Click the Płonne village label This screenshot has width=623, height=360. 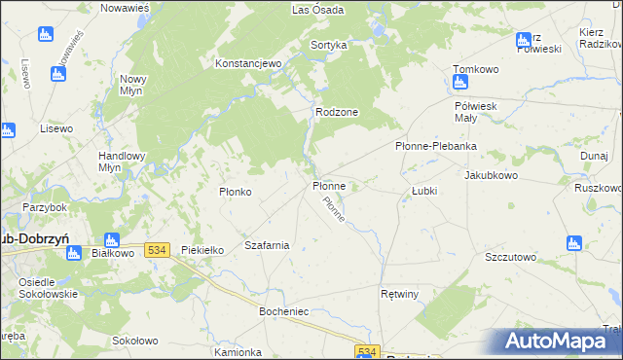click(x=329, y=185)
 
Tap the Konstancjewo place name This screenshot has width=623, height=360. click(x=248, y=63)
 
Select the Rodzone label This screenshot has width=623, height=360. click(x=337, y=112)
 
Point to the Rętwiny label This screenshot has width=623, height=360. click(x=399, y=293)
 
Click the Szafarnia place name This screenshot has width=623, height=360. click(x=267, y=245)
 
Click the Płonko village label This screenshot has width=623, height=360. click(x=236, y=192)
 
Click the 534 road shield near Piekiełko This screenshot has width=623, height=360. click(x=158, y=250)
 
